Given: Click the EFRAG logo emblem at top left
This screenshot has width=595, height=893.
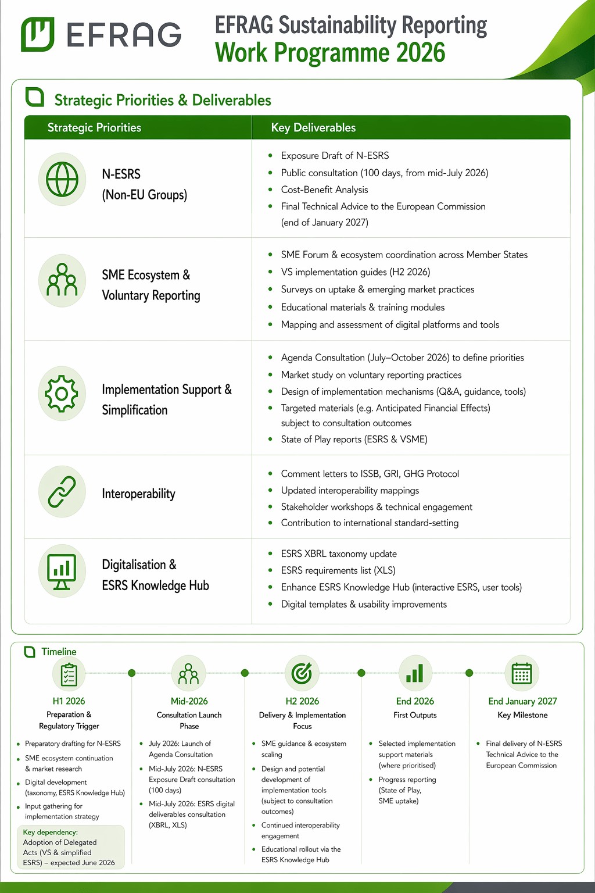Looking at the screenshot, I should pos(38,34).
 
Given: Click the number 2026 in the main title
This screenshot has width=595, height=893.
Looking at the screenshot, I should pos(420,53).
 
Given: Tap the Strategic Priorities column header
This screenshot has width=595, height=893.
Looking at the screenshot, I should pos(94,128).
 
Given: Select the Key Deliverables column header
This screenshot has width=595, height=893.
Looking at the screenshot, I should pos(313,128).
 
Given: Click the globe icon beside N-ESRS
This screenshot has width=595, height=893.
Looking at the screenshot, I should pos(62,180).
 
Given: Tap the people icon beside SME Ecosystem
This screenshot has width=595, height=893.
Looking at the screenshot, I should pos(62,280).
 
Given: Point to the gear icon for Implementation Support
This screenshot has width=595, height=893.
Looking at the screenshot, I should pos(62,394).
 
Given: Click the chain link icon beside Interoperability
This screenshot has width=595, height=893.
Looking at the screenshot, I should pos(62,492).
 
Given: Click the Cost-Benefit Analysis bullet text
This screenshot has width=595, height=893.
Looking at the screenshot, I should pos(324,190).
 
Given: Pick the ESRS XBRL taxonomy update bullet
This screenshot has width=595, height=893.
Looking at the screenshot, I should pos(339,554).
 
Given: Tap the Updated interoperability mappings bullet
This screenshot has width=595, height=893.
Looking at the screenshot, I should pos(350,491).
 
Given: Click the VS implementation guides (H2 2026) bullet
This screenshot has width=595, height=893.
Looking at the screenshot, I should pos(355,272).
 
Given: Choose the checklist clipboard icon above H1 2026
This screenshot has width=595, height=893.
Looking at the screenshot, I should pos(69,674).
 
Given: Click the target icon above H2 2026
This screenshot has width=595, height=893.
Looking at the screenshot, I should pos(302,673).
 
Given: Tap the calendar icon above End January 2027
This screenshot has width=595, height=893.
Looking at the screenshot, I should pos(522,673).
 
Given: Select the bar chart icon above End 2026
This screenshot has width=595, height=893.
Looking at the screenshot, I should pos(415,673).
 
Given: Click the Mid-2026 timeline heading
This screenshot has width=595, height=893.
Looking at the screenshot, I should pos(189,701).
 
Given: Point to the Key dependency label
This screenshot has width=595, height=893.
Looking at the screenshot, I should pos(50,833).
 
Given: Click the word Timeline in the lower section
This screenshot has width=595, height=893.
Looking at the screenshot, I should pos(59,652).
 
